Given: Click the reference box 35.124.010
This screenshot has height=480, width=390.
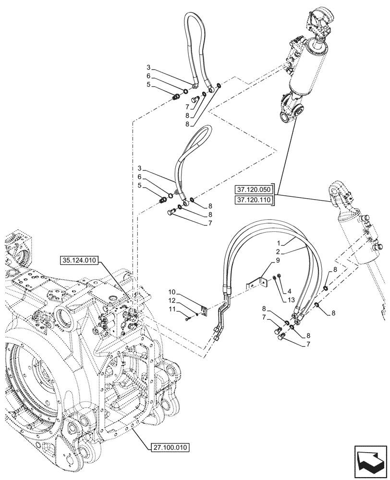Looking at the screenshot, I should pyautogui.click(x=79, y=261).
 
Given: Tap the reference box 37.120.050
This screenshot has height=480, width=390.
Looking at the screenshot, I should pyautogui.click(x=254, y=189).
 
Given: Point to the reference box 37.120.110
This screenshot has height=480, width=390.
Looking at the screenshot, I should pyautogui.click(x=254, y=200).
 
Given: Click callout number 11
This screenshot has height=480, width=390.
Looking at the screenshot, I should pyautogui.click(x=172, y=311).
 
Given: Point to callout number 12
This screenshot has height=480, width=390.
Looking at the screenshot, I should pyautogui.click(x=172, y=301).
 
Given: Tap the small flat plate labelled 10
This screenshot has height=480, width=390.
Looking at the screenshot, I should pyautogui.click(x=203, y=312).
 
